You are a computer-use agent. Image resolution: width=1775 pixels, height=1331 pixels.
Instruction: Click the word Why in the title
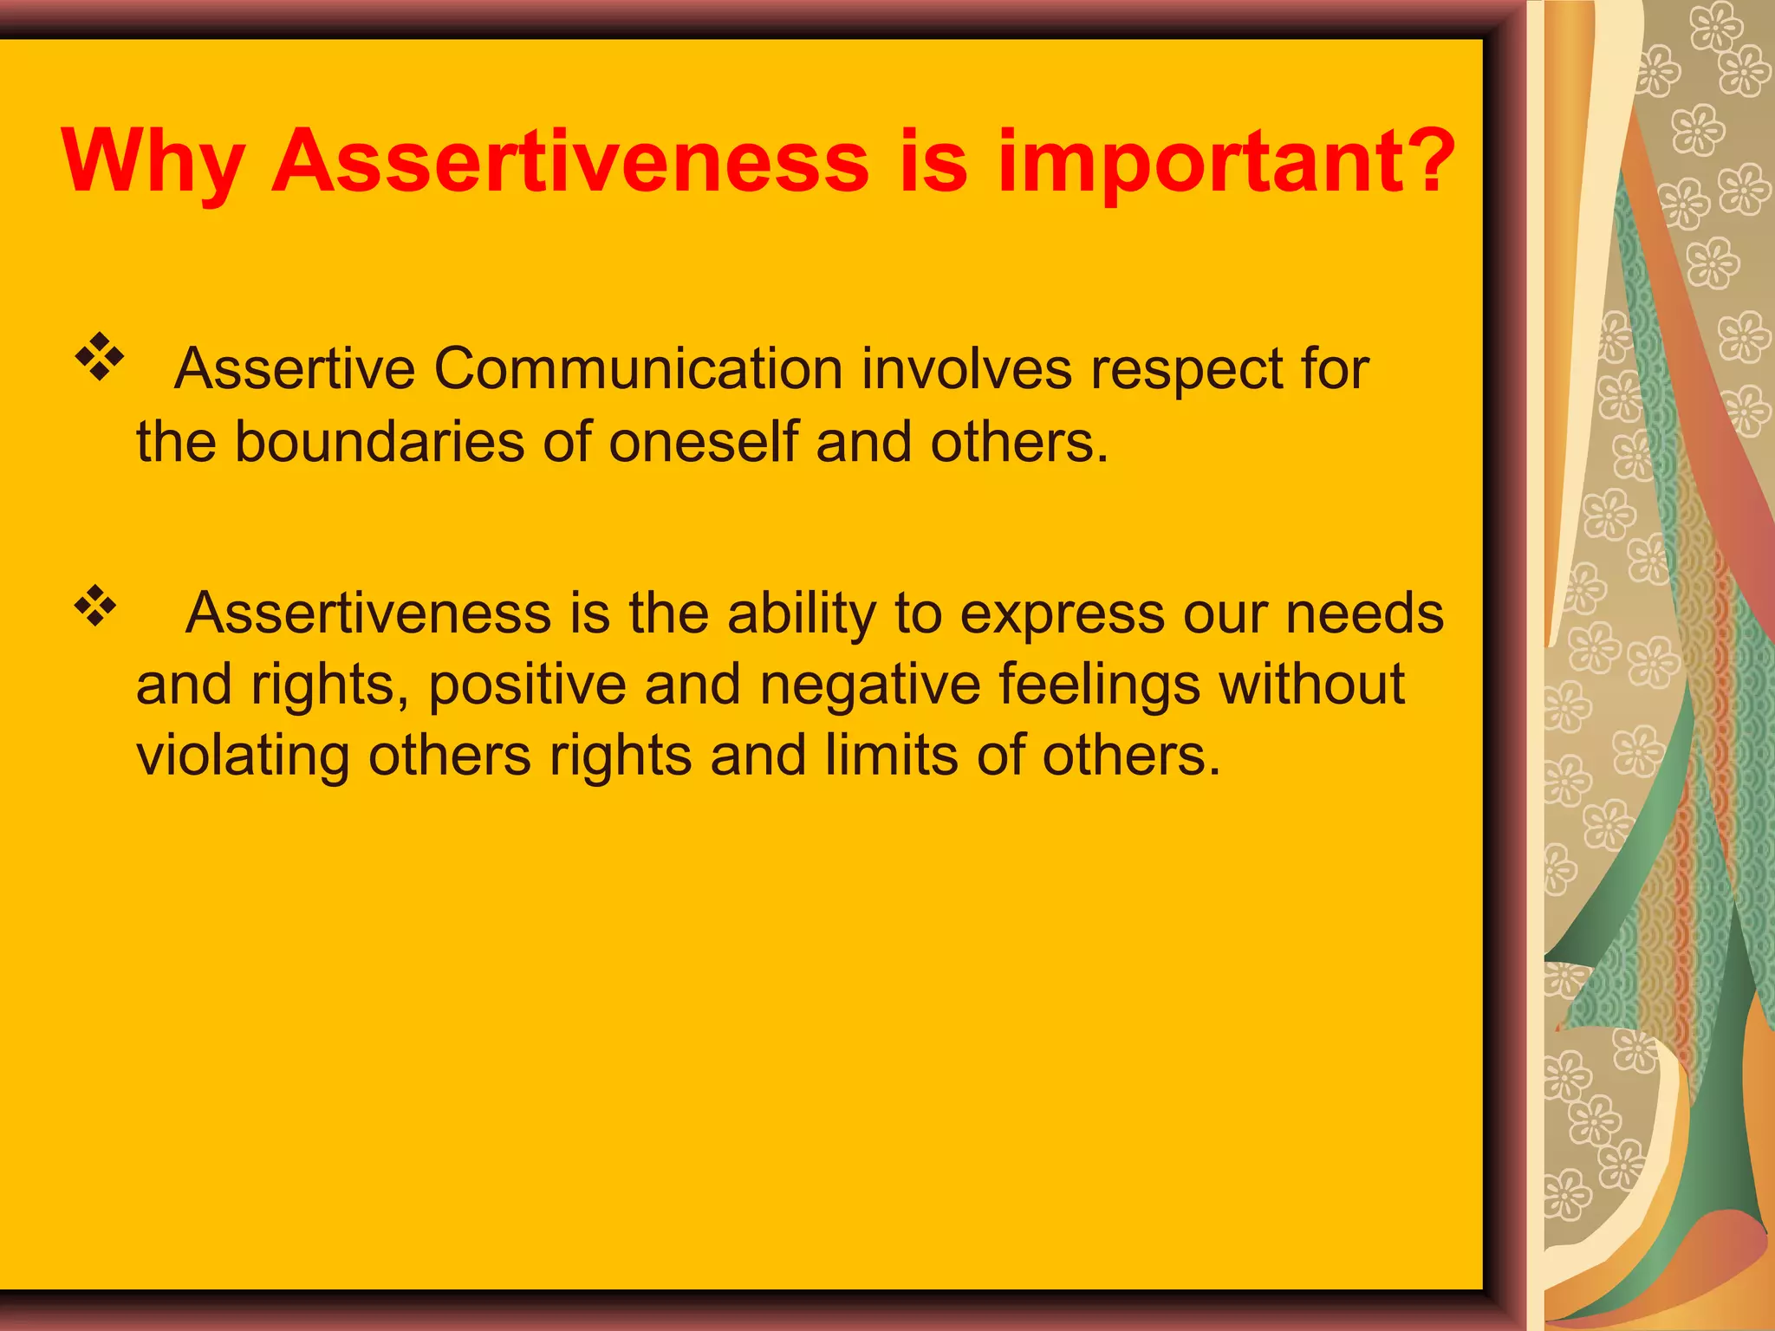[x=153, y=163]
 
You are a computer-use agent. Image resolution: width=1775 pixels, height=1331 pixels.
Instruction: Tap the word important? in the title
[x=1226, y=163]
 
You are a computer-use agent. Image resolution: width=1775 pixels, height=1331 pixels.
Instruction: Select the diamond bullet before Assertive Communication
[x=100, y=356]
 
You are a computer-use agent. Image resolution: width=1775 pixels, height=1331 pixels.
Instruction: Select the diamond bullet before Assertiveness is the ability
[x=95, y=606]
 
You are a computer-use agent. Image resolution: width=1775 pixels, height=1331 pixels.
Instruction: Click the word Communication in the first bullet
[x=638, y=370]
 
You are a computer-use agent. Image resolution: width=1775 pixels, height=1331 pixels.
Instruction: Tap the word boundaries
[x=379, y=442]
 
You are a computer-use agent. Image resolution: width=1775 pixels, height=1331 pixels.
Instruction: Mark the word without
[x=1311, y=685]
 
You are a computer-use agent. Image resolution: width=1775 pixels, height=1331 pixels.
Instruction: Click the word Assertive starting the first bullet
[x=295, y=370]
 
